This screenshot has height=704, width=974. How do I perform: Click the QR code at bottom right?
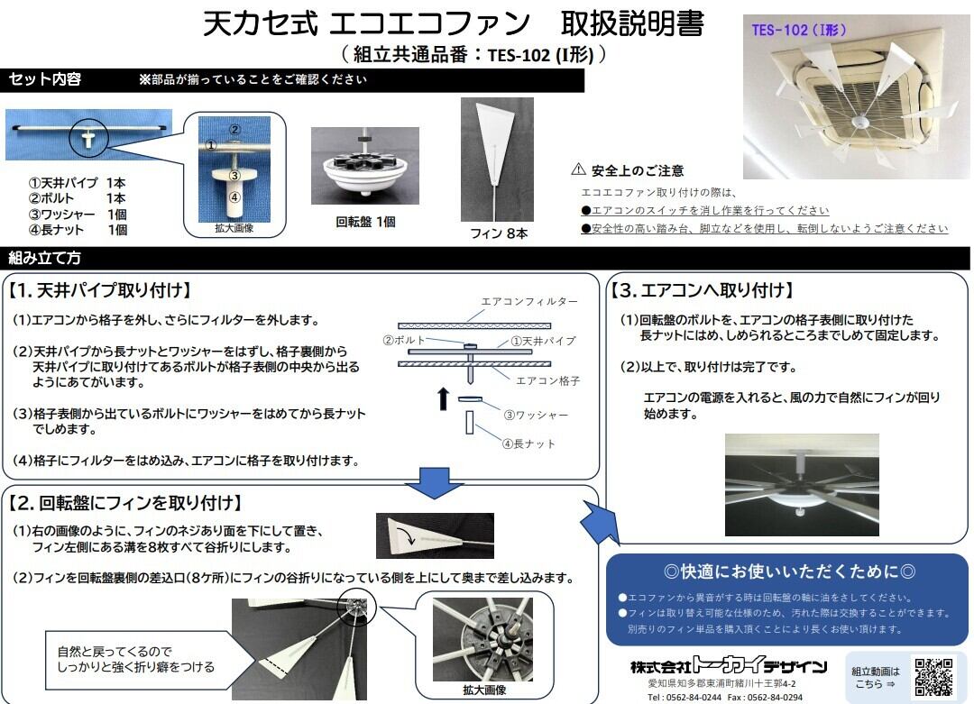[x=933, y=677]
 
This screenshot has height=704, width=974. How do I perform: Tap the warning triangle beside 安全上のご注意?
[x=579, y=169]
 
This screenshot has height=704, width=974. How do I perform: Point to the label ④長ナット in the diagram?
[x=529, y=443]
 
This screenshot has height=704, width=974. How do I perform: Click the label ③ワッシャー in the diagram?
[x=536, y=415]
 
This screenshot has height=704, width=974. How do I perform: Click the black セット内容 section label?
[x=45, y=79]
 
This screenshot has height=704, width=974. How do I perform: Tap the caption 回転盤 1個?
[x=365, y=221]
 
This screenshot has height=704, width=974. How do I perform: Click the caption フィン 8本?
[x=499, y=233]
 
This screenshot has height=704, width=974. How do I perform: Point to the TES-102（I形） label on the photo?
[x=799, y=30]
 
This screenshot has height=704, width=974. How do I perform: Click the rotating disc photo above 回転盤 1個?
[x=365, y=166]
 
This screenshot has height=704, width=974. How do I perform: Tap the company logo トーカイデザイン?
[x=728, y=668]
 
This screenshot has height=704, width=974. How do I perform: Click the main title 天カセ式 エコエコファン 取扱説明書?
[x=453, y=23]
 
